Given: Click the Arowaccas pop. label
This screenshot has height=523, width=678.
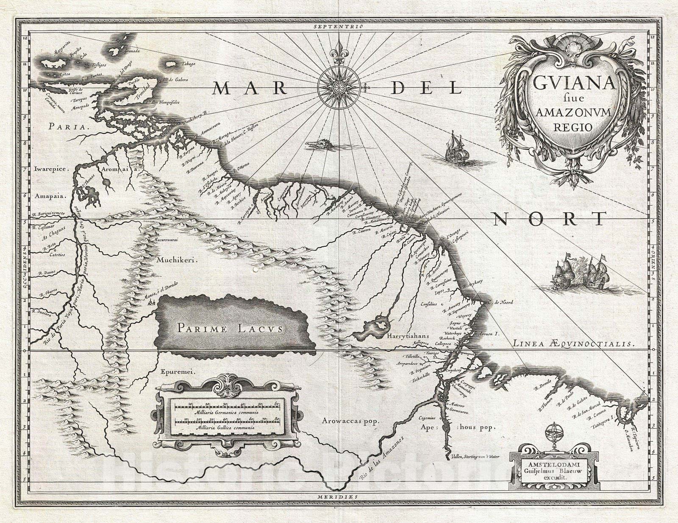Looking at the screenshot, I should (x=350, y=421).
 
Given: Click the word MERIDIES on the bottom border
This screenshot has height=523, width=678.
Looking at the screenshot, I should (x=339, y=495).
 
